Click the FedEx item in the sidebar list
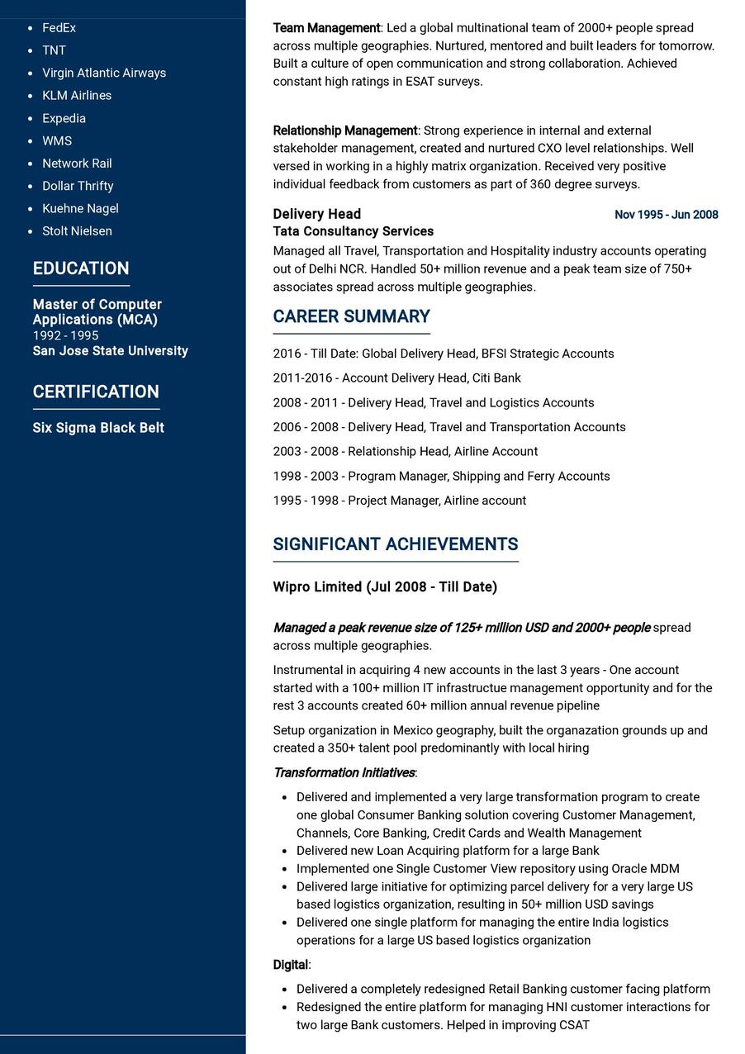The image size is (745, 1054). pos(59,28)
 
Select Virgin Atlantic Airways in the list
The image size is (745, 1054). pos(104,73)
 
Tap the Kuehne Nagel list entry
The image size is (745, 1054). pos(80,208)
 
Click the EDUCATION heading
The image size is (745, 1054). pos(81,268)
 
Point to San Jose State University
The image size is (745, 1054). pos(110,351)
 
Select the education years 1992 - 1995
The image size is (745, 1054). pos(65,335)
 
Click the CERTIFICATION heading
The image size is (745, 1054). pos(96,392)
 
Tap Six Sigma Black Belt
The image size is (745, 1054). pos(98,428)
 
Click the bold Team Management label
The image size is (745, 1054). pos(326,28)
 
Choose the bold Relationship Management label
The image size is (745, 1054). pos(345,131)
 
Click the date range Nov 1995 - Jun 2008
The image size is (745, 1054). pos(666,215)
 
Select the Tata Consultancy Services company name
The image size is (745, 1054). pos(353,231)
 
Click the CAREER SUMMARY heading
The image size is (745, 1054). pos(351,316)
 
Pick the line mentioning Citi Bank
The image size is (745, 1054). pos(396,377)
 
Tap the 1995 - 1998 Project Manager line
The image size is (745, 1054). pos(399,501)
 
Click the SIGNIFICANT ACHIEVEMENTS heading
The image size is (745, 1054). pos(395,544)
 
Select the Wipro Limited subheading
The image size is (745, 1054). pos(385,587)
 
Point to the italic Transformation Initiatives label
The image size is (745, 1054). pos(344,773)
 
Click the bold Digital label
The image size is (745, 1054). pos(291,965)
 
